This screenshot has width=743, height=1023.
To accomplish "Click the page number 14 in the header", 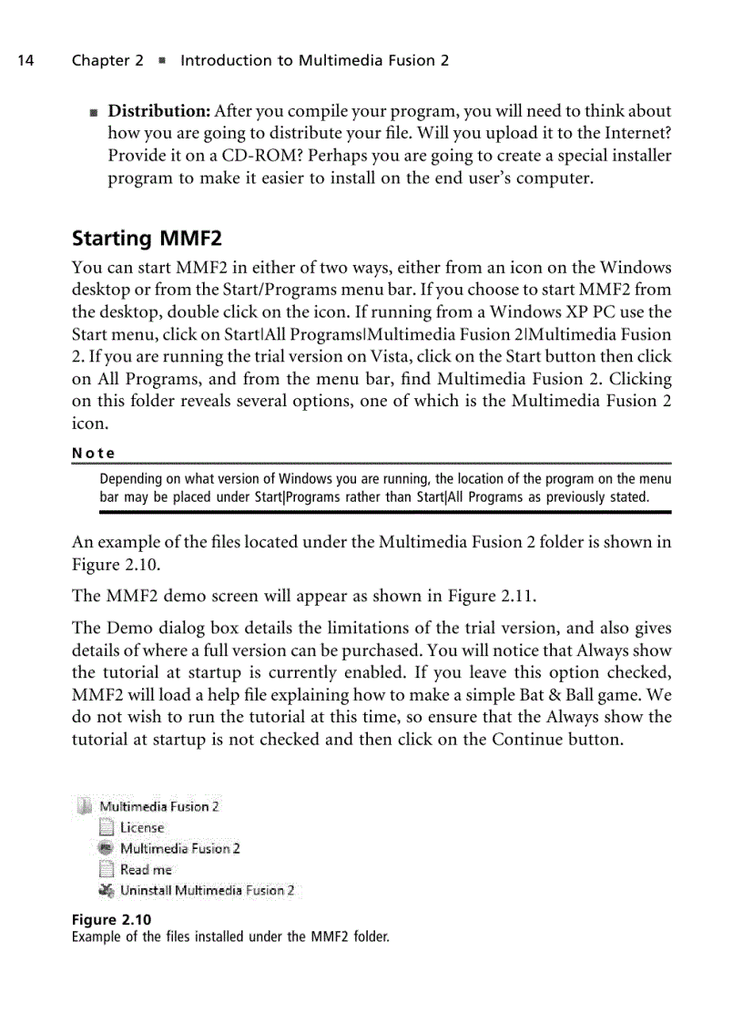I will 25,61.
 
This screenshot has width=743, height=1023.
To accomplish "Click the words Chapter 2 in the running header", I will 107,61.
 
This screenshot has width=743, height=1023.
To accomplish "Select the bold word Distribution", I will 159,111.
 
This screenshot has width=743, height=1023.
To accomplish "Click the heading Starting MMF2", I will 147,239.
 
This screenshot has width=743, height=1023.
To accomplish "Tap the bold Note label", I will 93,453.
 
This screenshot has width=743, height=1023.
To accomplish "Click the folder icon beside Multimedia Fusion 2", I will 85,806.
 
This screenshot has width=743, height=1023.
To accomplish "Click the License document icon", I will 107,827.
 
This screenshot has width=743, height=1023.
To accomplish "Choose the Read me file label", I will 146,870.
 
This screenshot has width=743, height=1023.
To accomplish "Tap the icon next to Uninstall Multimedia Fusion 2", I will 107,890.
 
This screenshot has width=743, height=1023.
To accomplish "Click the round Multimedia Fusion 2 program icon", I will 107,848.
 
